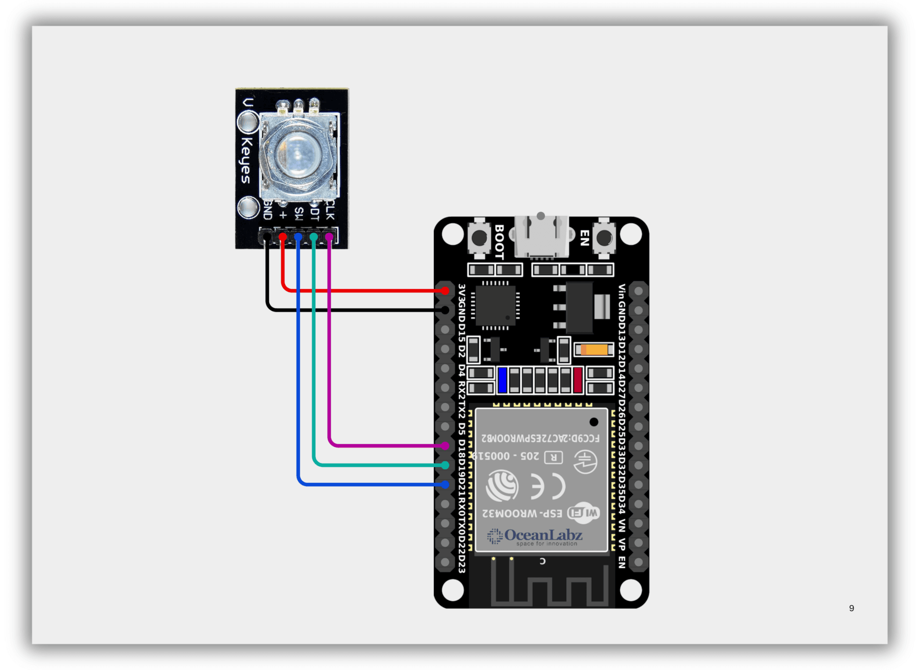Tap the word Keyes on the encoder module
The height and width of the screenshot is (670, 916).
click(x=246, y=160)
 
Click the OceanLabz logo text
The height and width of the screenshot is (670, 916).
click(x=543, y=535)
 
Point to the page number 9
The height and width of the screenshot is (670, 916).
click(x=851, y=608)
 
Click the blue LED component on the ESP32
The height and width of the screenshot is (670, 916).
click(x=502, y=380)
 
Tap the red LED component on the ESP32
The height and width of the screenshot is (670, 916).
click(x=577, y=380)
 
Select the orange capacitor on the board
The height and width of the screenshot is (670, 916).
click(x=594, y=349)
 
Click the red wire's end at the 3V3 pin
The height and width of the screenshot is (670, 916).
click(x=445, y=290)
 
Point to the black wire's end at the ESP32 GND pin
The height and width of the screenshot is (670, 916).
click(x=445, y=310)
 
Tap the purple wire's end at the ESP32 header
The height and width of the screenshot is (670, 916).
click(x=445, y=446)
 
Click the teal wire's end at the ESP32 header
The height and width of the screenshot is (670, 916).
click(x=445, y=465)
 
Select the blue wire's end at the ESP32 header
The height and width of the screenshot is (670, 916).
click(x=445, y=484)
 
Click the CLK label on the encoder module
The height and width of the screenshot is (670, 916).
click(x=330, y=210)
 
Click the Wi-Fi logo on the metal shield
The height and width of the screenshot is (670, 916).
click(x=583, y=513)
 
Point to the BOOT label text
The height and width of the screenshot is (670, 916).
click(x=499, y=242)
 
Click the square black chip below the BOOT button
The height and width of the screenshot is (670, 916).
click(x=495, y=306)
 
